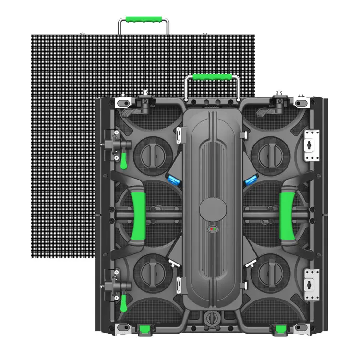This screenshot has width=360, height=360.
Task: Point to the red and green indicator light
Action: [x=212, y=230]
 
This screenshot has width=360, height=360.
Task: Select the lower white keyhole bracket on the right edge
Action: [x=312, y=278]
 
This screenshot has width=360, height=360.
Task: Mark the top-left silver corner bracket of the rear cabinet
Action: [x=123, y=102]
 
